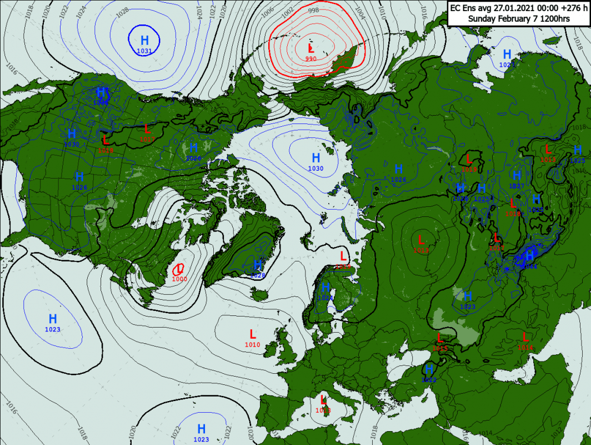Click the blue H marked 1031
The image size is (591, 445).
point(144,41)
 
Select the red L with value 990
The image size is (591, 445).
point(311,49)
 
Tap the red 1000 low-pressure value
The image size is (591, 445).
point(179,279)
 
